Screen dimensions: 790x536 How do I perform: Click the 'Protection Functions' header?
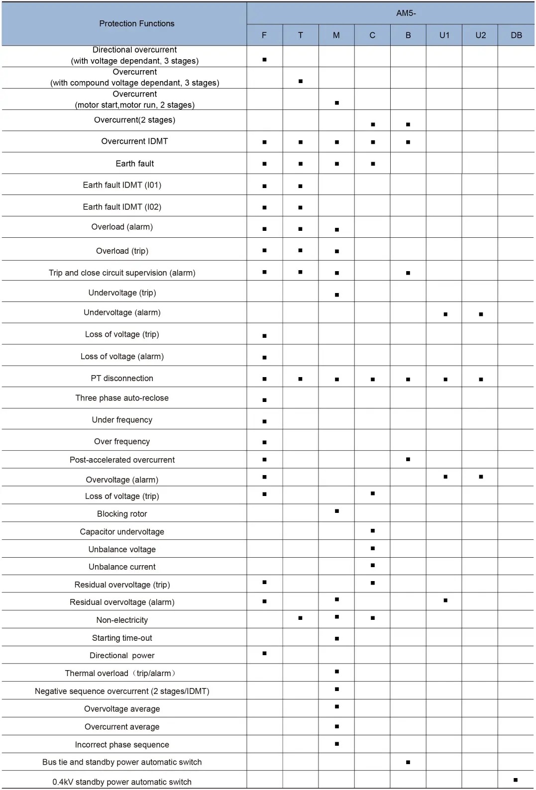(x=137, y=23)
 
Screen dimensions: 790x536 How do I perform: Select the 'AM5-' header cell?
(x=406, y=13)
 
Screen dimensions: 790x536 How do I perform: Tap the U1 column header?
(x=444, y=35)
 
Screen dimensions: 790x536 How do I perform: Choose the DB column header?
(x=516, y=35)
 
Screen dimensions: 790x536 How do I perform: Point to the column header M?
(x=336, y=35)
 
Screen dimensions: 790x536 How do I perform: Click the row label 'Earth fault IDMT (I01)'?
(x=122, y=185)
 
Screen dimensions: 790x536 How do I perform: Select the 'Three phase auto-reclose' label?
(x=122, y=398)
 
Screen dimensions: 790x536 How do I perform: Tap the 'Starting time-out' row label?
(x=122, y=638)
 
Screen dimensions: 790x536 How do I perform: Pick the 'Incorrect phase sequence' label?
(x=122, y=745)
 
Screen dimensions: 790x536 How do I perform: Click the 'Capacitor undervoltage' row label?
(x=122, y=532)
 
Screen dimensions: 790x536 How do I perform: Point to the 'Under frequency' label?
(x=122, y=420)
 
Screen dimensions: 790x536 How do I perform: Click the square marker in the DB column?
(x=516, y=780)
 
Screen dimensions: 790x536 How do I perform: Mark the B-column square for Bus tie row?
(x=408, y=762)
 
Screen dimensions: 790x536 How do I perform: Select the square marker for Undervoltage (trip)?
(x=337, y=295)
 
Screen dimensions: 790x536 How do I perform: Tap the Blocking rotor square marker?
(x=337, y=511)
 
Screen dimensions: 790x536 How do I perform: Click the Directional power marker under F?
(x=264, y=653)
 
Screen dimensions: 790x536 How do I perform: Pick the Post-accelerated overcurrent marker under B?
(x=408, y=459)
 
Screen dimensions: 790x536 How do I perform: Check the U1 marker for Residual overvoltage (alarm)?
(x=445, y=600)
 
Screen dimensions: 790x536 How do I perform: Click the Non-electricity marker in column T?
(x=300, y=618)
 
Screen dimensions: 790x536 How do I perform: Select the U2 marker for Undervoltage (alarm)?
(x=481, y=314)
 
